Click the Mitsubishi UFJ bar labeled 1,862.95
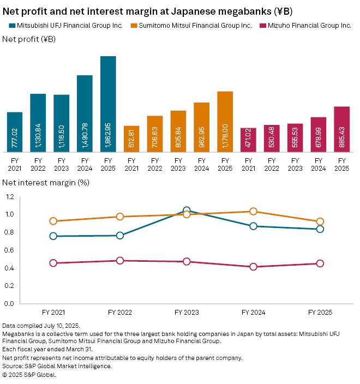[x=108, y=104]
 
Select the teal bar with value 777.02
[x=15, y=132]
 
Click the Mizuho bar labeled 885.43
[x=341, y=129]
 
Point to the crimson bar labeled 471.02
[x=248, y=140]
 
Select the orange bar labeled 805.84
[x=178, y=131]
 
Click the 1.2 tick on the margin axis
[x=10, y=197]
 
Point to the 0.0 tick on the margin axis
[x=10, y=303]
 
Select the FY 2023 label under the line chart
[x=187, y=313]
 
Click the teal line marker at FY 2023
[x=187, y=211]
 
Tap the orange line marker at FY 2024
[x=253, y=212]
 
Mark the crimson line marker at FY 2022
[x=120, y=261]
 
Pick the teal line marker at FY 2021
[x=53, y=236]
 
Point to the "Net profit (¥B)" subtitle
[x=29, y=39]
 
